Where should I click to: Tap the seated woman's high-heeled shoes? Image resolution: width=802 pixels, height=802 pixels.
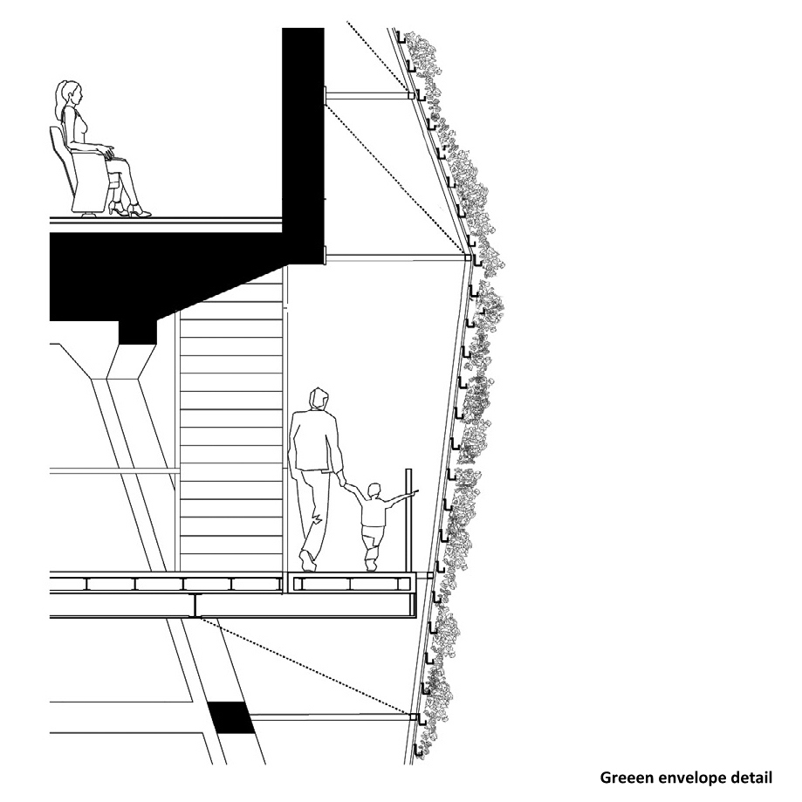tap(129, 209)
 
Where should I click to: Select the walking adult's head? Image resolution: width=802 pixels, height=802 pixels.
tap(319, 400)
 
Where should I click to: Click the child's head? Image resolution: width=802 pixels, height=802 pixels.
tap(375, 492)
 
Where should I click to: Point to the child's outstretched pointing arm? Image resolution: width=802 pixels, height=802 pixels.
tap(401, 497)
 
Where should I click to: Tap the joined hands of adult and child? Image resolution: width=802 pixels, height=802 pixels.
tap(343, 481)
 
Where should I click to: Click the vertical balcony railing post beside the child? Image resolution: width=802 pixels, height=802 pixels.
tap(408, 519)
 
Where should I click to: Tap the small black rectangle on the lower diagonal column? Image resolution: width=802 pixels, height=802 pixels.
tap(231, 717)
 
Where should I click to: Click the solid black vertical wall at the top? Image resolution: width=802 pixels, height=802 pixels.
tap(303, 146)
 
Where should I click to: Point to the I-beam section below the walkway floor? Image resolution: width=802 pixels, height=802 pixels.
tap(195, 606)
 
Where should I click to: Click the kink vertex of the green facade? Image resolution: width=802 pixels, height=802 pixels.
tap(468, 257)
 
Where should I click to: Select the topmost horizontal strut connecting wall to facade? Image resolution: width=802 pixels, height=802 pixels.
tap(367, 96)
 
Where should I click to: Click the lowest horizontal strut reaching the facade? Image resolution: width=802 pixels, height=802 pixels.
tap(332, 717)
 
